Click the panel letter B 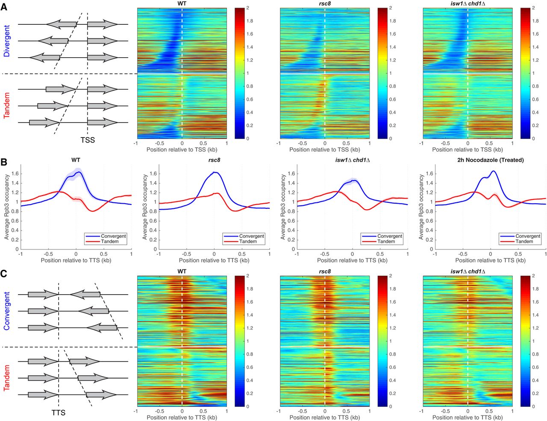click(4, 162)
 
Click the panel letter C click(4, 273)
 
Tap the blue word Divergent click(7, 41)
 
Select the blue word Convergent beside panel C click(7, 311)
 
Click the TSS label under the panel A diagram click(88, 140)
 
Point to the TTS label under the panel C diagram click(59, 412)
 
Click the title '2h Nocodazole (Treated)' click(490, 160)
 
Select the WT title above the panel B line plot click(76, 160)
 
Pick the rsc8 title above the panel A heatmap click(325, 4)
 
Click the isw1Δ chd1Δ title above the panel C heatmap click(468, 272)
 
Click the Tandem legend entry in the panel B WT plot click(109, 242)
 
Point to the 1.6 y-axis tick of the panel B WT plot click(15, 174)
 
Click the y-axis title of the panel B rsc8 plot click(145, 207)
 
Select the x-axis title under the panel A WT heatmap click(182, 150)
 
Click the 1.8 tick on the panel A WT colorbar click(250, 21)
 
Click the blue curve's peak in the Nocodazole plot click(494, 171)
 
